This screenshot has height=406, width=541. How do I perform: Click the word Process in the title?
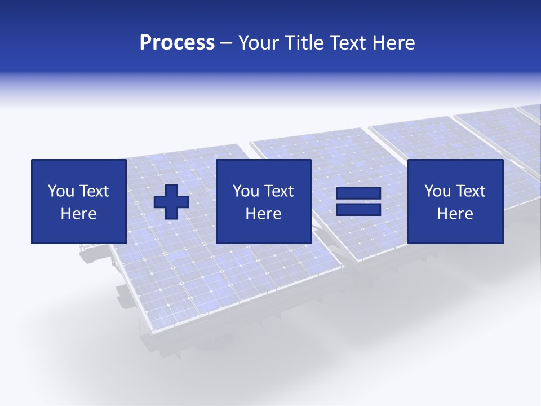coord(177,43)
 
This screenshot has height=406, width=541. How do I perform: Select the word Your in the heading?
coord(257,43)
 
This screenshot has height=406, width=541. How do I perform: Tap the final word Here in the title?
coord(393,43)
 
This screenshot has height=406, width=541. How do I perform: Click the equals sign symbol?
coord(358,201)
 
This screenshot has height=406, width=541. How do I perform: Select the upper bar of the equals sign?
coord(358,194)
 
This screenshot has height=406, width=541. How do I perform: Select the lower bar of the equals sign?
coord(358,209)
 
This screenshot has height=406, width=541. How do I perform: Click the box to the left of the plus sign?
coord(79,201)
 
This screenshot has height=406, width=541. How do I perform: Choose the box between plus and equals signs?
coord(263,201)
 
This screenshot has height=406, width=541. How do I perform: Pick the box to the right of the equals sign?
coord(455,201)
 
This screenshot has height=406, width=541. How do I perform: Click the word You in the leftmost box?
coord(60,191)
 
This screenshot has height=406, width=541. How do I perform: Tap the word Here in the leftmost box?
coord(79,214)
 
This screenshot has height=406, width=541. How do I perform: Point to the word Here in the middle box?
coord(263,214)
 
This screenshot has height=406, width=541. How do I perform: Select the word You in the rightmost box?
coord(437,191)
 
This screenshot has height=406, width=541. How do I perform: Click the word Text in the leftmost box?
coord(94,191)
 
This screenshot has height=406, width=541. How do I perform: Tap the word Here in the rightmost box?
coord(455,214)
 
